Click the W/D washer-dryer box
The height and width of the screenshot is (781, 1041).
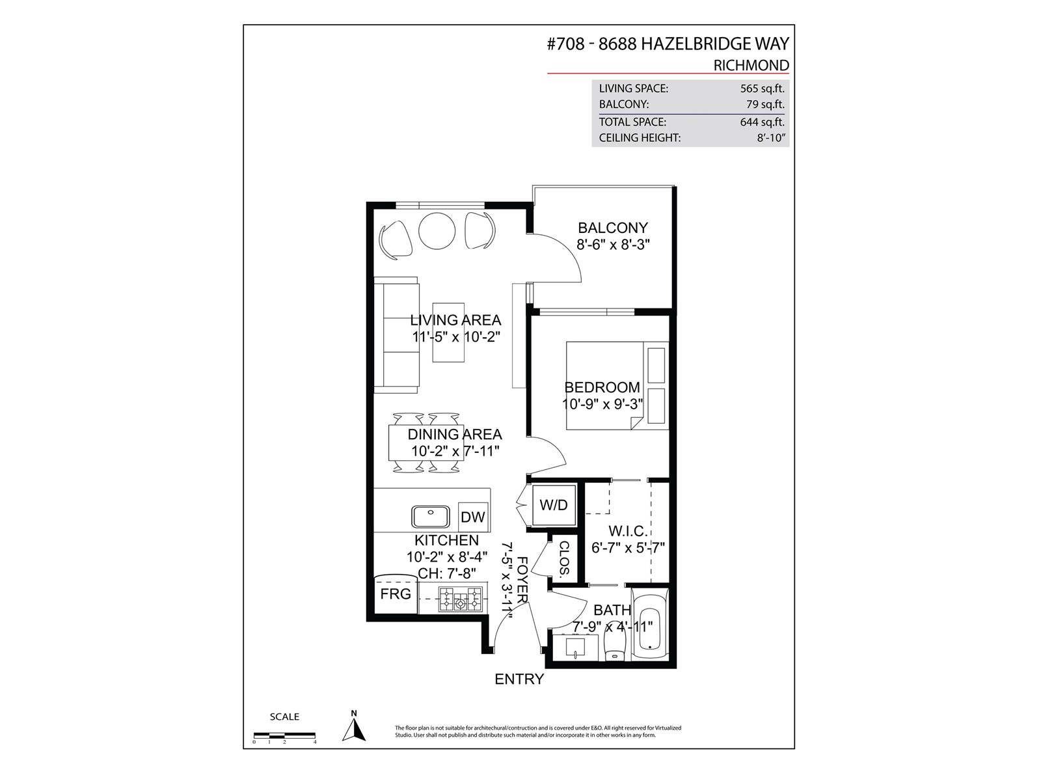coord(554,505)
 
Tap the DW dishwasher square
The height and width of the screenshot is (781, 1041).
coord(472,516)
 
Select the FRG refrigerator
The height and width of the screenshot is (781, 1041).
coord(396,594)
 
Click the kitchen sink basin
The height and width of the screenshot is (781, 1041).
coord(430,516)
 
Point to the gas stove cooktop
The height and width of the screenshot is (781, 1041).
coord(460,599)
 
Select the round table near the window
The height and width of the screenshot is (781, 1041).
coord(437,230)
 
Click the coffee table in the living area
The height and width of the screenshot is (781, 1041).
coord(448,333)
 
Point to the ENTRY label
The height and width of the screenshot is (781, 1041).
coord(519,679)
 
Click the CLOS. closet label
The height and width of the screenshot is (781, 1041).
coord(564,558)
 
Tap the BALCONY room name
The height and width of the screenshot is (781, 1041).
coord(613,228)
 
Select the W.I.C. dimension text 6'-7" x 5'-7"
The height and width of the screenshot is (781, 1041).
coord(628,548)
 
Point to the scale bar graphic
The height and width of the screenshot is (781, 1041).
coord(284,735)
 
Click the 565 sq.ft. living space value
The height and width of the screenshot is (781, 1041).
coord(762,89)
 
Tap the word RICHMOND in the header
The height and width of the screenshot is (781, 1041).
coord(751,65)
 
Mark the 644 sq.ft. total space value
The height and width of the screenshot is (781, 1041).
coord(762,122)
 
